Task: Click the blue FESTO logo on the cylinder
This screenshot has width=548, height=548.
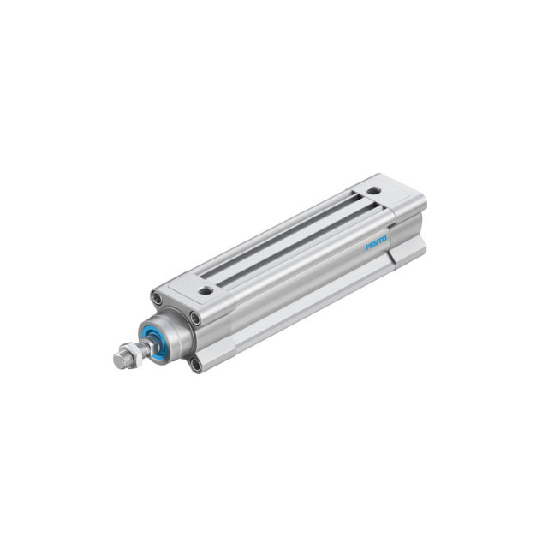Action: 376,245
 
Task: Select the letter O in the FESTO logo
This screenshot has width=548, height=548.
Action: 385,239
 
